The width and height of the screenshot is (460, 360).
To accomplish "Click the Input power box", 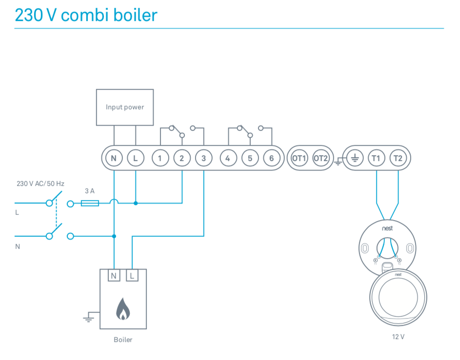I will coord(125,107).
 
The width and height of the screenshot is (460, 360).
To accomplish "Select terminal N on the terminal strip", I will coord(114,158).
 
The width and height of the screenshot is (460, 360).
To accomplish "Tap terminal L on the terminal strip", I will coord(136,158).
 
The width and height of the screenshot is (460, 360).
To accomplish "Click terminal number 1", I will coord(160,158).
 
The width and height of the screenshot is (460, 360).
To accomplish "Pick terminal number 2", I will coord(182,158).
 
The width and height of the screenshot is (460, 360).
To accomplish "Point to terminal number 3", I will coord(203,158).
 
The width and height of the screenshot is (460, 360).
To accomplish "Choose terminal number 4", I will coord(228,158).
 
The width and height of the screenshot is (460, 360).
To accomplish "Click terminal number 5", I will coord(250,158).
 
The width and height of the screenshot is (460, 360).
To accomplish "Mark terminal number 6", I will coord(271,158).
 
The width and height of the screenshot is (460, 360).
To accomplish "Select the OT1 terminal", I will coord(299,158).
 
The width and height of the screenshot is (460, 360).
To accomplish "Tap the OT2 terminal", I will coord(320,158).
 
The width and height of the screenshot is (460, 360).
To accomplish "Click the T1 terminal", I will coord(376,158).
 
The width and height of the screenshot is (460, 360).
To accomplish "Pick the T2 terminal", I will coord(398,158).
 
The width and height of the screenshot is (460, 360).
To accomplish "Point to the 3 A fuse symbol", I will coord(90,203).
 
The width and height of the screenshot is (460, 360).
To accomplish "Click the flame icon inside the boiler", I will coord(123,309).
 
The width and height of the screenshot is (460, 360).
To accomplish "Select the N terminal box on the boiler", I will coord(114,276).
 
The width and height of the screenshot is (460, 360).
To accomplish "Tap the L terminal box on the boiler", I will coord(132,276).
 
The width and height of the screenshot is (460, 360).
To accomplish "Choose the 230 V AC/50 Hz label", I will coord(40,184).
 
